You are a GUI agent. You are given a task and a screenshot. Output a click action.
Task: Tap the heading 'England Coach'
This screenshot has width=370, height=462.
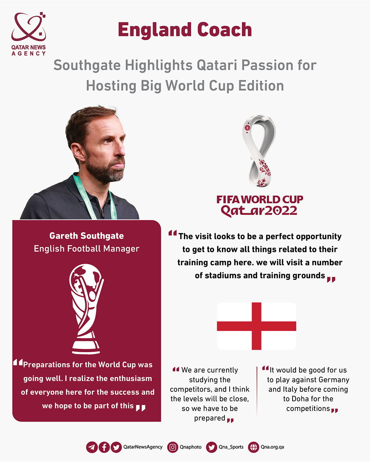(185, 30)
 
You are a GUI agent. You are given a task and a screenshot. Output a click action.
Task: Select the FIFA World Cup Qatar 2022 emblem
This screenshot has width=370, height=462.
(259, 151)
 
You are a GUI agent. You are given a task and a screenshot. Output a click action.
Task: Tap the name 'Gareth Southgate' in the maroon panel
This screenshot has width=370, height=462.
(87, 236)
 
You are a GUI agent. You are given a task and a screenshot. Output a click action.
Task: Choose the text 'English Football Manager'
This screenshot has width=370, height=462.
(87, 249)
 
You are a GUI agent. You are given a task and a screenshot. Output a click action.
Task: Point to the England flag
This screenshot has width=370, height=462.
(257, 326)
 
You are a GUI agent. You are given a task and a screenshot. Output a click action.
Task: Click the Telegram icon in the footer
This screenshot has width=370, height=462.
(92, 447)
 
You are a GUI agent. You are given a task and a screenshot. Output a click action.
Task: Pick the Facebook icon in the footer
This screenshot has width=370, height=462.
(104, 447)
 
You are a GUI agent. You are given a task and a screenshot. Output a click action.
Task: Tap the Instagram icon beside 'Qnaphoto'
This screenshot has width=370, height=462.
(173, 447)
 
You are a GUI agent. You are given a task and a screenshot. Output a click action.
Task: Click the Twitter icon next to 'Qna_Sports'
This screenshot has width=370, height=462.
(212, 447)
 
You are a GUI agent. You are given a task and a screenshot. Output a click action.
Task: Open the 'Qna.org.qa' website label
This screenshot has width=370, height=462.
(272, 447)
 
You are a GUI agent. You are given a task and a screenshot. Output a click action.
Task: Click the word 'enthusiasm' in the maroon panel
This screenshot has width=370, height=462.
(131, 378)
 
